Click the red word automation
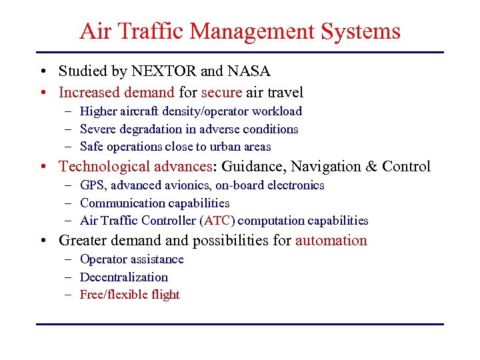(331, 240)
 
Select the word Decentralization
(123, 277)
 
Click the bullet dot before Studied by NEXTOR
(42, 71)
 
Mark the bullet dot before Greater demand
(42, 241)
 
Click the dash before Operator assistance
(69, 259)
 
